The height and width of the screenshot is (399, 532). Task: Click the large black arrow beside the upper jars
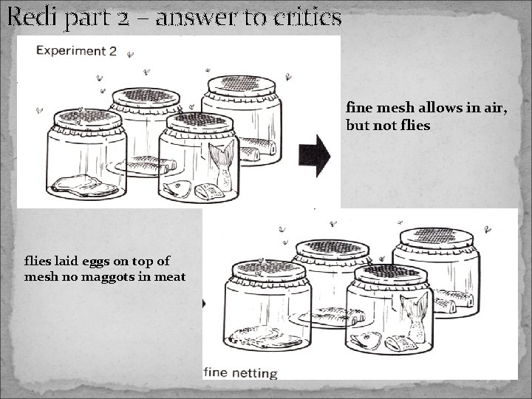(x=314, y=156)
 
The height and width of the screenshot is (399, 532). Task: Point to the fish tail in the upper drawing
(x=221, y=159)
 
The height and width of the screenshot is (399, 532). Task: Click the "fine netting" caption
(x=241, y=373)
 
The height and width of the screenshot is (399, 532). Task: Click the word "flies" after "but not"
(x=414, y=126)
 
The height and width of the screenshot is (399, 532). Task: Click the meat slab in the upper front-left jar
(x=86, y=185)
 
